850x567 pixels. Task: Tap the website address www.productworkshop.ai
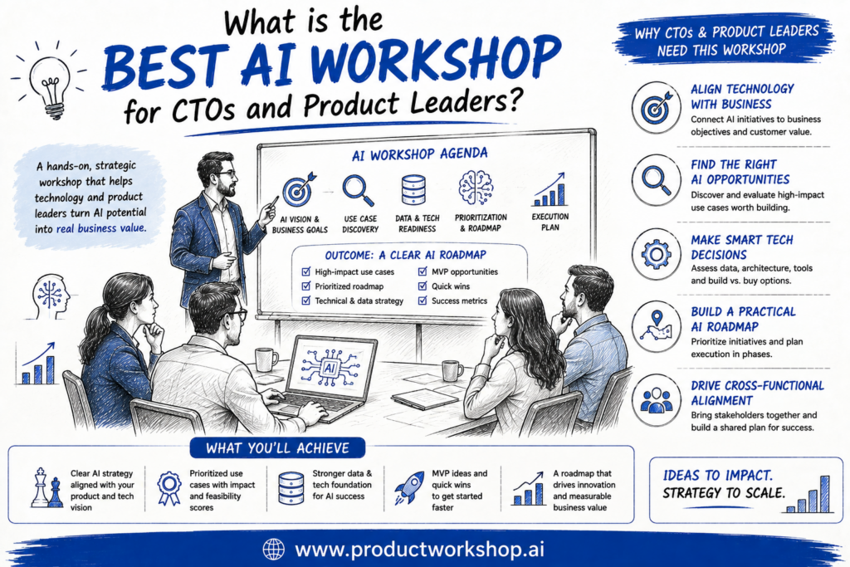[419, 549]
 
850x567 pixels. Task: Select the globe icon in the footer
[274, 549]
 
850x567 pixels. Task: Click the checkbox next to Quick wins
[423, 286]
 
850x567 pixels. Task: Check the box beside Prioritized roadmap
[305, 286]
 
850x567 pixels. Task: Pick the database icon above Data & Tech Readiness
[413, 189]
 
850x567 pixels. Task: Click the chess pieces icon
[46, 488]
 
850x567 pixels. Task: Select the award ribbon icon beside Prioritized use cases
[169, 487]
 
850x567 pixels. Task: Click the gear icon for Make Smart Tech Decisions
[656, 254]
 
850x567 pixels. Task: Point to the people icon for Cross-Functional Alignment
[656, 401]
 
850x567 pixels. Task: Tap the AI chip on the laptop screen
[329, 368]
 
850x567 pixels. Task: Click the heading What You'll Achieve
[277, 448]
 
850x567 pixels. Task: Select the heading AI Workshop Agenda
[419, 154]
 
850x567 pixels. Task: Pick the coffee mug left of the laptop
[266, 360]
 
